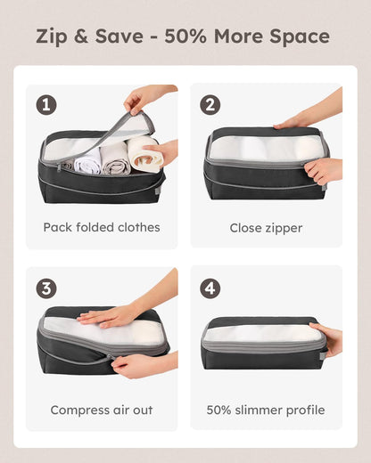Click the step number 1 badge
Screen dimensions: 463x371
click(47, 104)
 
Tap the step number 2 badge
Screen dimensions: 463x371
click(210, 104)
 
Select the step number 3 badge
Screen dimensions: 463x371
click(47, 288)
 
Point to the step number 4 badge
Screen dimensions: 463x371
click(210, 288)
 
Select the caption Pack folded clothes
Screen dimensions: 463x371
click(102, 227)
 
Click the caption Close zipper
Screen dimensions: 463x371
click(265, 227)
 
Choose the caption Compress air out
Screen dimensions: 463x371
click(102, 410)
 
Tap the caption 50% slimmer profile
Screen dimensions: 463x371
click(265, 410)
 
